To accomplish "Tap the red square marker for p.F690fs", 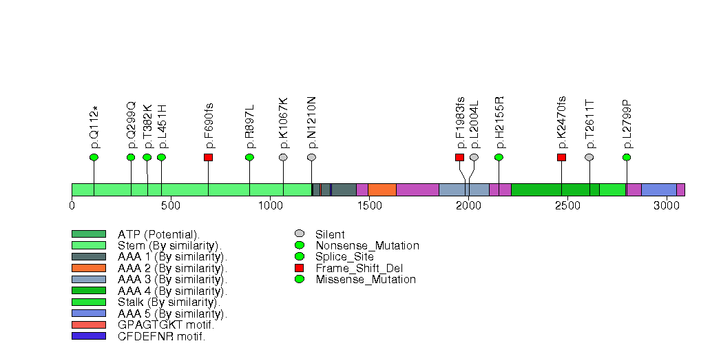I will tap(208, 158).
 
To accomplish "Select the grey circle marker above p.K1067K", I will tap(283, 158).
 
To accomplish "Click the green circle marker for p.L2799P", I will tap(627, 158).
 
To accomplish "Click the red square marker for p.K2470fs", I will tap(561, 158).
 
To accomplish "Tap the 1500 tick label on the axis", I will tap(368, 205).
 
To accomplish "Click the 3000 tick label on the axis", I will tap(666, 205).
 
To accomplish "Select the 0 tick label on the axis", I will tap(72, 205).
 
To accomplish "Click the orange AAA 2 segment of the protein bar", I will tap(382, 189).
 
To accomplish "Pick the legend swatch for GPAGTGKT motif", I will tap(89, 324).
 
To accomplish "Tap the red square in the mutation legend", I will tap(299, 268).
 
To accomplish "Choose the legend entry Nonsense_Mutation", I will tap(367, 245).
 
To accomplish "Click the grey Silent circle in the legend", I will tap(299, 234).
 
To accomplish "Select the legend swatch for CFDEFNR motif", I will tap(89, 336).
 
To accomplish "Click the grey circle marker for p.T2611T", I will tap(589, 158).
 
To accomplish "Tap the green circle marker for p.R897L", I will tap(249, 158).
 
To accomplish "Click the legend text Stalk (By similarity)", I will tap(169, 302).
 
